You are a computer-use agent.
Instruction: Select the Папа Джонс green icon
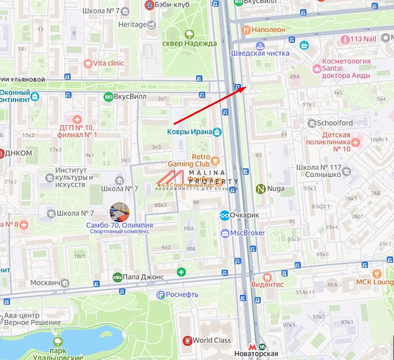tap(117, 277)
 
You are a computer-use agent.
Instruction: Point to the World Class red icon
tap(187, 340)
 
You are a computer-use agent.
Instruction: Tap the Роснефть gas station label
tap(182, 294)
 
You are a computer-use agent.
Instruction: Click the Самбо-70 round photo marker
tap(119, 212)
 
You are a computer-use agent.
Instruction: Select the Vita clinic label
tap(109, 63)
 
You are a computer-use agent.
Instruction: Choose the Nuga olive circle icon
tap(261, 188)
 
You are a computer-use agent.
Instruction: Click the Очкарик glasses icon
tap(224, 215)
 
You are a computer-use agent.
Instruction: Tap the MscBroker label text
tap(247, 233)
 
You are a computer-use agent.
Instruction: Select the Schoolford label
tap(335, 123)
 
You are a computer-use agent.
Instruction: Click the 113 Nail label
tap(363, 39)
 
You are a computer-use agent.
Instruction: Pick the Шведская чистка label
tap(260, 53)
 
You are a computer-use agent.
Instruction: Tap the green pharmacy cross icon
tap(181, 272)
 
